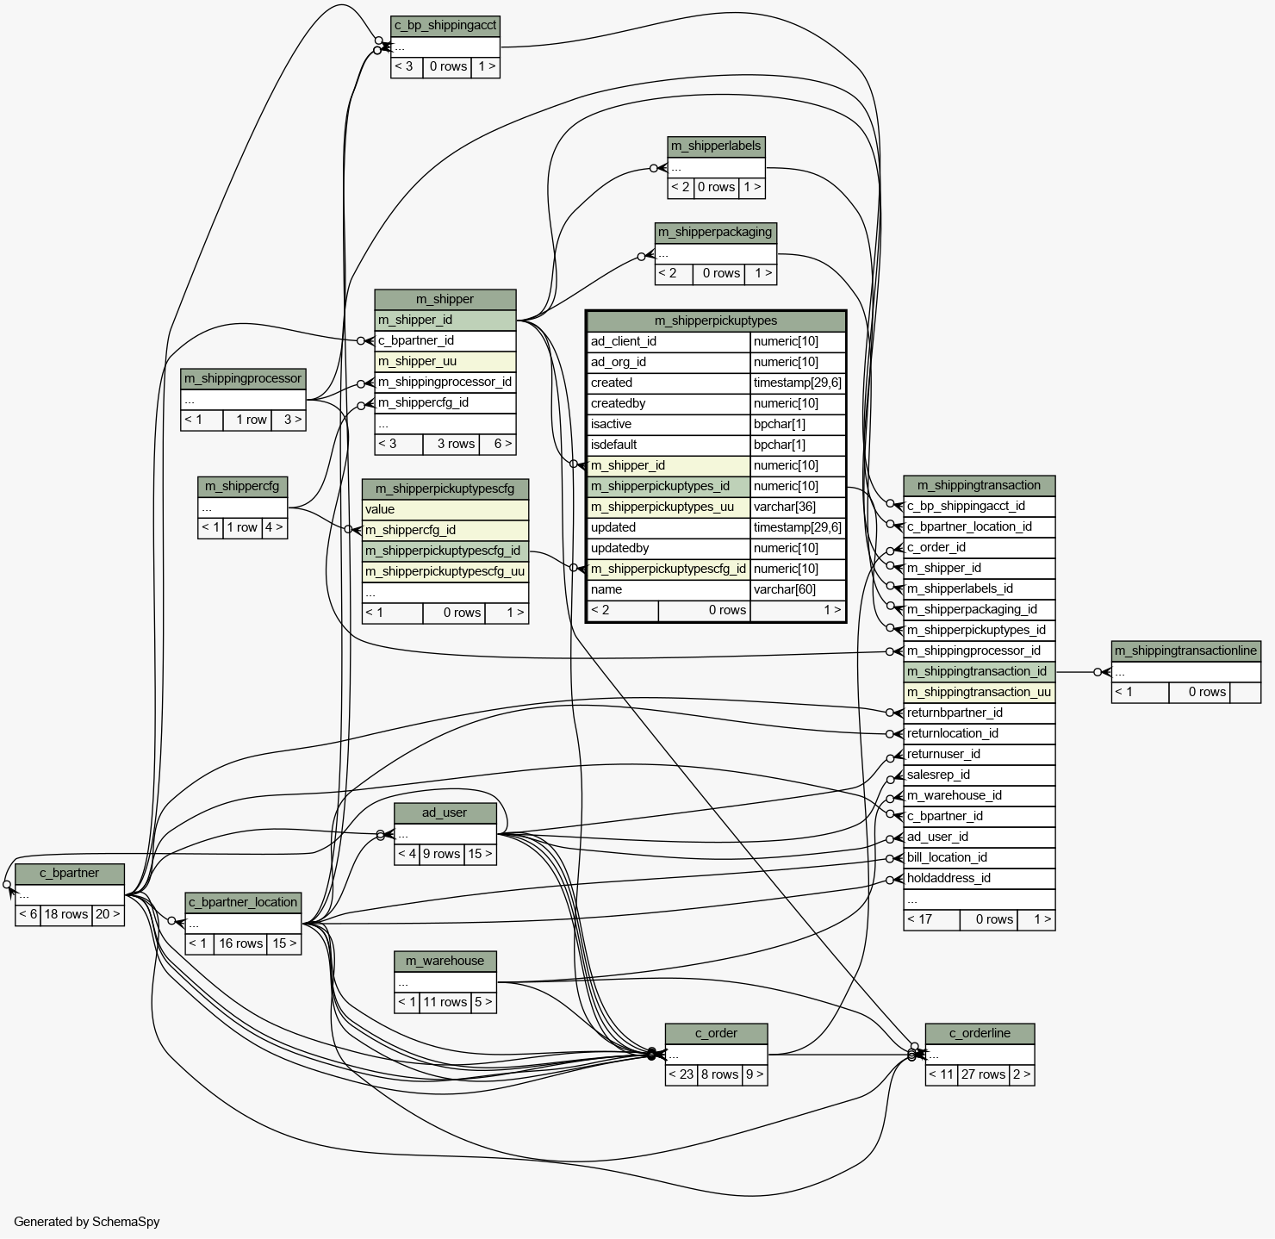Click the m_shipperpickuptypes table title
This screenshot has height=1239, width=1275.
(x=715, y=321)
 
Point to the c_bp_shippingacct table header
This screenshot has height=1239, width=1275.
(x=445, y=26)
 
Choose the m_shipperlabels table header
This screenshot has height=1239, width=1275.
(x=716, y=146)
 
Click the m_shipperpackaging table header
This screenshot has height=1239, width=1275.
(x=715, y=232)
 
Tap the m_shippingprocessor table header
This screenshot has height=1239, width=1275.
(x=243, y=378)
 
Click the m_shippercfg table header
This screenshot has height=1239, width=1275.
(x=242, y=486)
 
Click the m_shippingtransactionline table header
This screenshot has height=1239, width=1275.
(x=1185, y=651)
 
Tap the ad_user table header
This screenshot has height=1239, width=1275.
(x=445, y=813)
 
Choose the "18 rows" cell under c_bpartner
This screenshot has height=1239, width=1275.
(x=66, y=914)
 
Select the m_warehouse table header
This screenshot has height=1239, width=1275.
(x=445, y=961)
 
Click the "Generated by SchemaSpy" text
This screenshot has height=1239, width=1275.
(x=87, y=1222)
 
